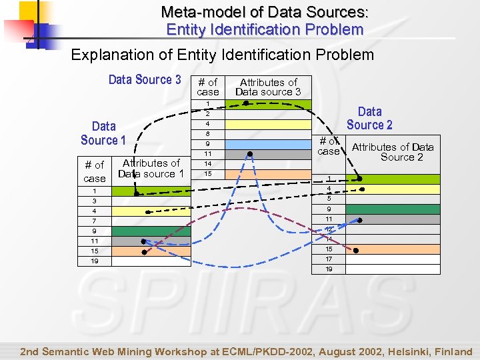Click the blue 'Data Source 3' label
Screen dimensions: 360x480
click(145, 80)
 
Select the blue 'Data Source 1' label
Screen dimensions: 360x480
click(103, 133)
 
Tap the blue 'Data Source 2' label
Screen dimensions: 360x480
click(369, 118)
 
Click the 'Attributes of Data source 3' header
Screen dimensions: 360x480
click(268, 87)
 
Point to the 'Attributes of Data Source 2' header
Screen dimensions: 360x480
click(393, 152)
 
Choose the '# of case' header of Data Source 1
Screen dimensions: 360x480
click(94, 171)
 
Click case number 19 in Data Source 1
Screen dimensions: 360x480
click(95, 261)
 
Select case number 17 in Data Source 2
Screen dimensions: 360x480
click(329, 259)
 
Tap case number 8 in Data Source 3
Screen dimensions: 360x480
click(208, 134)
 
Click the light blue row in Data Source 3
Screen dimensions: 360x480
click(268, 144)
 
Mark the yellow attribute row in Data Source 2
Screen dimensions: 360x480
click(393, 189)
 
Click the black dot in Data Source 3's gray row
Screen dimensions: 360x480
click(249, 154)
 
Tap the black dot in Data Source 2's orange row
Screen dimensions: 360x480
click(356, 250)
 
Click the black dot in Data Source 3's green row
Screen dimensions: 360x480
click(245, 103)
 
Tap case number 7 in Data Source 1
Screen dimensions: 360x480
click(95, 221)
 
